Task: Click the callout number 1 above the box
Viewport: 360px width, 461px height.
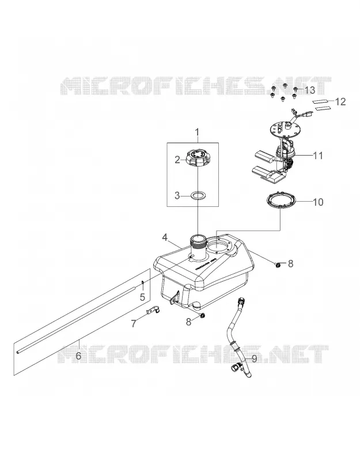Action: (197, 132)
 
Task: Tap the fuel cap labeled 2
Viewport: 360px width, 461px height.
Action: (198, 157)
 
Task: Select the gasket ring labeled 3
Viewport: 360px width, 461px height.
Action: (198, 195)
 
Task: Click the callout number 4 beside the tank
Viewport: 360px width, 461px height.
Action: (165, 237)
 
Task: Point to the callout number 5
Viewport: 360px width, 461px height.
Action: (142, 297)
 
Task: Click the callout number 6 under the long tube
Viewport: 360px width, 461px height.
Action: (78, 356)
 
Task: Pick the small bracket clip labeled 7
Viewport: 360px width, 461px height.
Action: (153, 310)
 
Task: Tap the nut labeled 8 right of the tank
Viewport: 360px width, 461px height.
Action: (277, 265)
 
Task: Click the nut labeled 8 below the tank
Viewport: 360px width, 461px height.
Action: (202, 316)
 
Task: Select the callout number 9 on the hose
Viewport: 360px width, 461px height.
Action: (254, 358)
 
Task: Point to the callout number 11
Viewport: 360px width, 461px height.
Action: (318, 155)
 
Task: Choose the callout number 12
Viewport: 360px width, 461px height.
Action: (340, 102)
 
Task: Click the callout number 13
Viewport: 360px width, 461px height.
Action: (309, 90)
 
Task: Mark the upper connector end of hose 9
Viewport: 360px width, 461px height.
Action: (242, 301)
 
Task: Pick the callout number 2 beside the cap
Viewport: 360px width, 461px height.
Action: (177, 160)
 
